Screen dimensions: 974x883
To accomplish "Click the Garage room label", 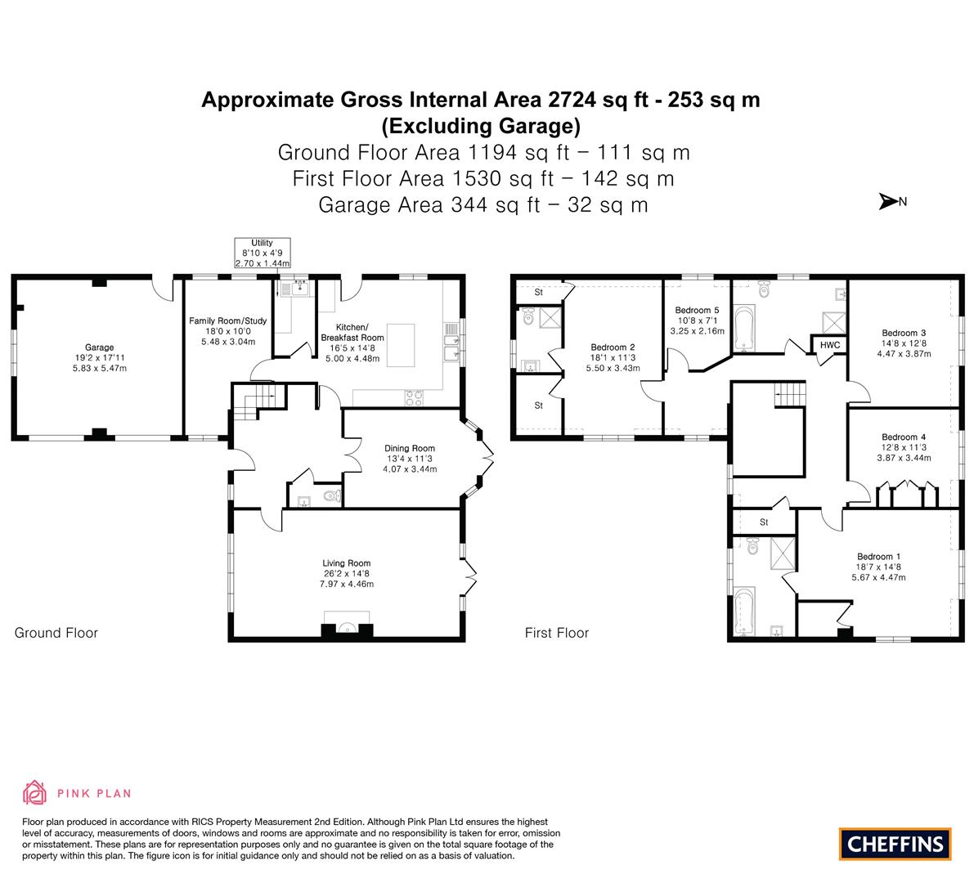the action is (x=100, y=357).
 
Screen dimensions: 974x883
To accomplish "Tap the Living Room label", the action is (x=347, y=574).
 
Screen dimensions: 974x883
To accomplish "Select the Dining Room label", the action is (x=410, y=459).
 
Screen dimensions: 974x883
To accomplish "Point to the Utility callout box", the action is (x=263, y=253).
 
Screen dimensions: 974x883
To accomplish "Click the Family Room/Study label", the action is (x=228, y=331).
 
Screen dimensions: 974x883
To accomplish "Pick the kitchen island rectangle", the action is (x=401, y=345).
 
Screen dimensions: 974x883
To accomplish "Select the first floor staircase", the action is (x=789, y=395).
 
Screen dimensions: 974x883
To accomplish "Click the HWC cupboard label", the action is (x=830, y=345).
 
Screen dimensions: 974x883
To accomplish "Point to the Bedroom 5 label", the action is (x=698, y=320).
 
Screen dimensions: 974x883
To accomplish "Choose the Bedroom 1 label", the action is (x=878, y=567).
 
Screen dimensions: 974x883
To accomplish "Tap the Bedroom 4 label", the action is (x=904, y=448).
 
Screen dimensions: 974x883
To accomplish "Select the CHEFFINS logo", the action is (x=895, y=844).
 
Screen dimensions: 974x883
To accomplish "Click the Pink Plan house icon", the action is (x=35, y=793).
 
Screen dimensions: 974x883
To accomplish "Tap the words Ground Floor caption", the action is (x=56, y=633).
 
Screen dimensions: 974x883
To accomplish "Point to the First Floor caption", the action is (x=557, y=633).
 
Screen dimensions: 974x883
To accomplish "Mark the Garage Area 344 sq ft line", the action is (x=483, y=205).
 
